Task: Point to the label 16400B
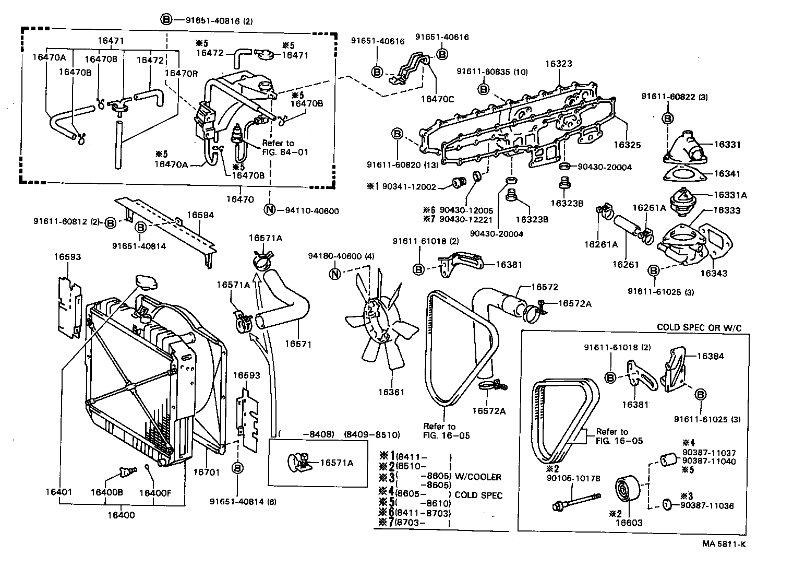point(106,492)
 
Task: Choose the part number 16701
point(206,471)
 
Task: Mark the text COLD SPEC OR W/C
point(699,327)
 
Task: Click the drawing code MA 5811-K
point(724,544)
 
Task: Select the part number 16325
point(627,145)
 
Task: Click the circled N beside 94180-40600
point(335,274)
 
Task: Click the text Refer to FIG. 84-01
point(285,148)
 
